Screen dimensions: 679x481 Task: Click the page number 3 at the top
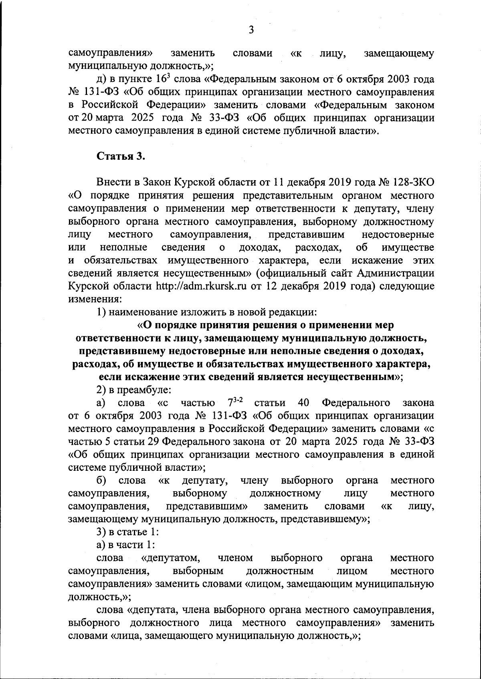point(251,30)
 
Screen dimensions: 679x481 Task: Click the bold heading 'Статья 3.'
point(121,156)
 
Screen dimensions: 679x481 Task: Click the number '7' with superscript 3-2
point(230,403)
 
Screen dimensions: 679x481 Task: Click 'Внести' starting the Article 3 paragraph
point(113,183)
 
